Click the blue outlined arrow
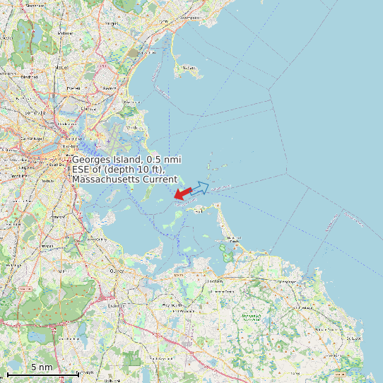pyautogui.click(x=200, y=187)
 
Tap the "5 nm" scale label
pyautogui.click(x=42, y=367)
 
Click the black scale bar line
pyautogui.click(x=42, y=374)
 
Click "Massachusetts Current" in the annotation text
pyautogui.click(x=124, y=179)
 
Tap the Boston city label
pyautogui.click(x=69, y=146)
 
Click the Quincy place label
pyautogui.click(x=117, y=270)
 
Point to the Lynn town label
pyautogui.click(x=165, y=22)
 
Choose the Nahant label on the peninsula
pyautogui.click(x=188, y=68)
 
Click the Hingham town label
pyautogui.click(x=214, y=281)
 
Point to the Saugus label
pyautogui.click(x=112, y=23)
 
